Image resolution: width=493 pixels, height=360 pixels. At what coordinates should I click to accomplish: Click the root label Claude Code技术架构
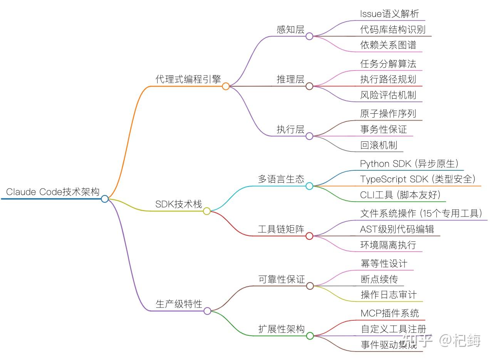point(53,192)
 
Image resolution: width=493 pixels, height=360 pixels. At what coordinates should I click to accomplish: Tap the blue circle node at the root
point(105,199)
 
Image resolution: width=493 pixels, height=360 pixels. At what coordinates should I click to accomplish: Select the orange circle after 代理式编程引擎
point(226,86)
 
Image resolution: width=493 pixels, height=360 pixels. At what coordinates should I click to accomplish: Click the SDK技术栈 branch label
point(179,204)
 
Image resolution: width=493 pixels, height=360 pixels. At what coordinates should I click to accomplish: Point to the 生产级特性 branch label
point(179,304)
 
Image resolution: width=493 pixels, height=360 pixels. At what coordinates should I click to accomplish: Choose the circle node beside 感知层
point(309,36)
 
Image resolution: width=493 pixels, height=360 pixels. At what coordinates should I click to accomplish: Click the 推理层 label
point(290,79)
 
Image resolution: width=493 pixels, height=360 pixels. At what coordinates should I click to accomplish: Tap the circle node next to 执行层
point(309,136)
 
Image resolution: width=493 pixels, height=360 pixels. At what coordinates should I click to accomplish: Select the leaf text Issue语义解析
point(389,14)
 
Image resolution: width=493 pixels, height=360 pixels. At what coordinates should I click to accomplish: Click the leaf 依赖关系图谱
point(388,45)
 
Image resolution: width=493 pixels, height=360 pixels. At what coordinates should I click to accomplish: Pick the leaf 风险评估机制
point(388,95)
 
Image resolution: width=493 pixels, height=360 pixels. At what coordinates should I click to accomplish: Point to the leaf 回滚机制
point(379,145)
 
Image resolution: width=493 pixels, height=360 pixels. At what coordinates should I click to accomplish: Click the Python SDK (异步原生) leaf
point(409,164)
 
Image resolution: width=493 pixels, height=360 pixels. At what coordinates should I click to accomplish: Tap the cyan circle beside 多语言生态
point(309,186)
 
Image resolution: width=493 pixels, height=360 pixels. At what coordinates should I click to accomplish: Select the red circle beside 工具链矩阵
point(309,236)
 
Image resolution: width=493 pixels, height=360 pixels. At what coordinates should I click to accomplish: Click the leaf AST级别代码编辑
point(397,229)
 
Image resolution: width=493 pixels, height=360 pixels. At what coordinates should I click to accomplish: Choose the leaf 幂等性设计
point(384,264)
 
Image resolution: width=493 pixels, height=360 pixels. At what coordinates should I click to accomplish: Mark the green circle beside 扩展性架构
point(310,336)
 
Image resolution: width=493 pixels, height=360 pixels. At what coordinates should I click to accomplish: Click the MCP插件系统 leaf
point(390,313)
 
